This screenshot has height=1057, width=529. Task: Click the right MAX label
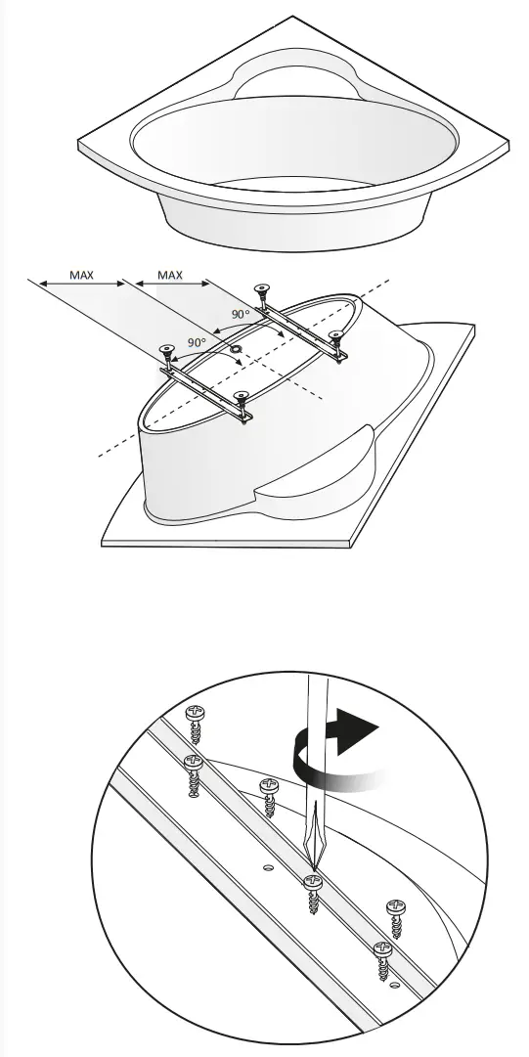point(170,275)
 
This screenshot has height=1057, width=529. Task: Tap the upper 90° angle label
point(240,315)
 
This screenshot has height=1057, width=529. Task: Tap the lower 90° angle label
point(197,342)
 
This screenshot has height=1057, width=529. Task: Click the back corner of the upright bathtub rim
point(292,19)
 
